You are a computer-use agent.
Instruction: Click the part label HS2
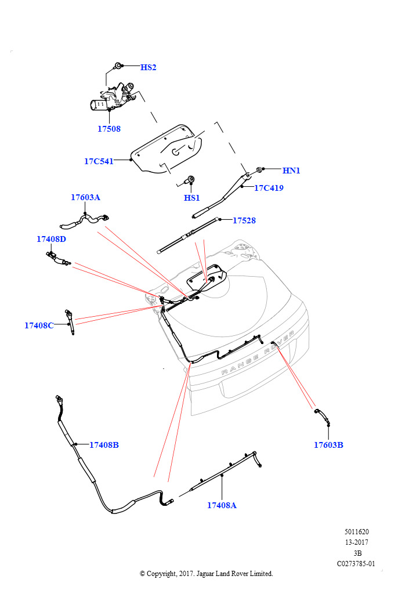tap(148, 67)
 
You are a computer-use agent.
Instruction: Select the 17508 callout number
tap(109, 129)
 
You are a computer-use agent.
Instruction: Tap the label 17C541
tap(99, 161)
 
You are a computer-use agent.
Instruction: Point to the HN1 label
tap(291, 171)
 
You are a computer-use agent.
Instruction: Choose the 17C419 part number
tap(269, 187)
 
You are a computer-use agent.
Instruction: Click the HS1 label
tap(191, 198)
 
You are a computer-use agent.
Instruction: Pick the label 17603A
tap(86, 197)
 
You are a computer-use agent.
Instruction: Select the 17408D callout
tap(51, 239)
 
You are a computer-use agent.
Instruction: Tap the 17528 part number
tap(244, 220)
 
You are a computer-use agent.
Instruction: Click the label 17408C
tap(39, 325)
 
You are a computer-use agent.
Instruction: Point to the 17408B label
tap(104, 445)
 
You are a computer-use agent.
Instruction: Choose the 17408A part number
tap(222, 505)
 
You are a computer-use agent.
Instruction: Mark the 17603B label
tap(329, 445)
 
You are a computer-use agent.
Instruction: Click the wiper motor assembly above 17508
tap(112, 99)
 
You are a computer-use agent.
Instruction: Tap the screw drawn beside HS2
tap(118, 66)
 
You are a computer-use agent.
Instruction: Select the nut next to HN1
tap(260, 170)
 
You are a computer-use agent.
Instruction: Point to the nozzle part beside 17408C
tap(70, 321)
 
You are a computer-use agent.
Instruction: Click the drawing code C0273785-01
tap(356, 563)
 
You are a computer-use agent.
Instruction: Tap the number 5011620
tap(357, 531)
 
